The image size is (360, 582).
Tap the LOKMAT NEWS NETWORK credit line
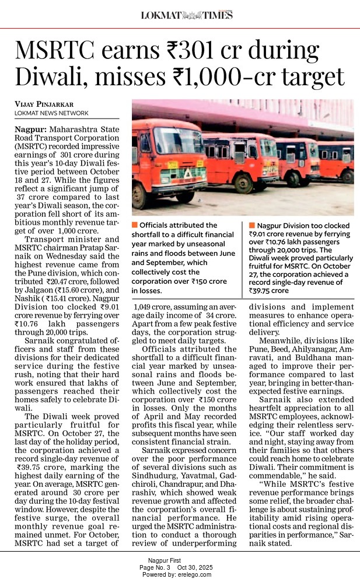click(x=51, y=113)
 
